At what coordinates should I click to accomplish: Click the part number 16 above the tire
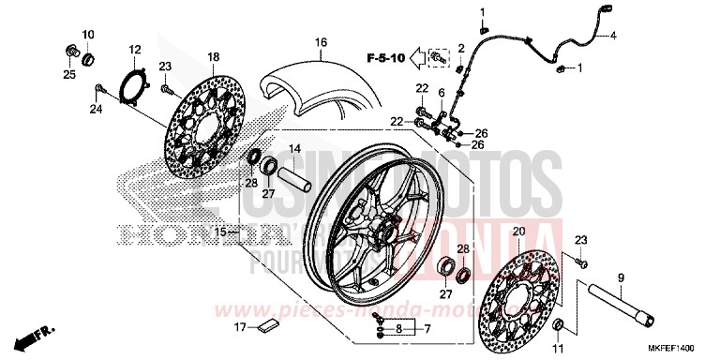(x=321, y=43)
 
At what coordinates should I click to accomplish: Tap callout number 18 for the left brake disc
(x=213, y=58)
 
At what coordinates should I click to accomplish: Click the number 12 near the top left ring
(x=134, y=49)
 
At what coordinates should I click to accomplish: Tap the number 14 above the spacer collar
(x=293, y=149)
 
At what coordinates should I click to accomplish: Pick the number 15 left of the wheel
(x=220, y=231)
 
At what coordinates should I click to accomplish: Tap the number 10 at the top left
(x=87, y=35)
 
